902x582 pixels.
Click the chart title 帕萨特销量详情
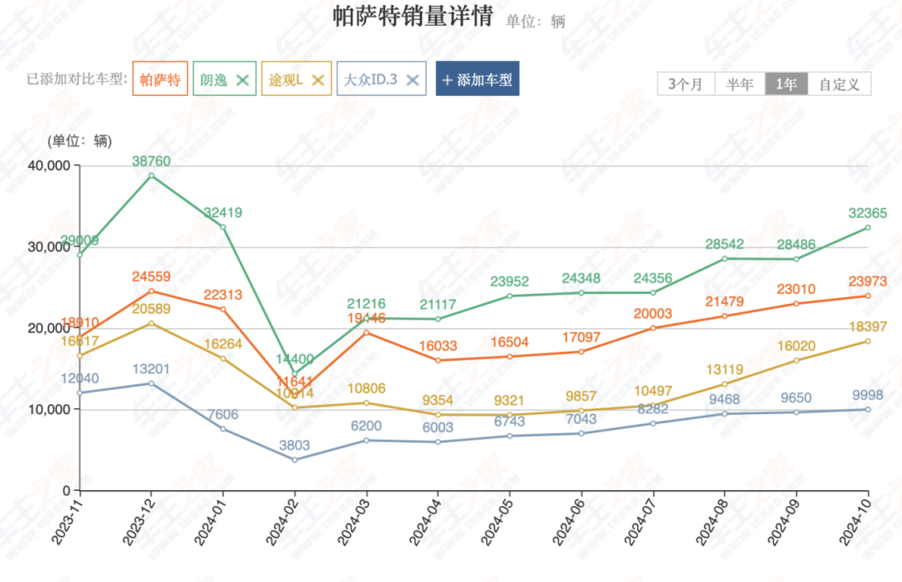pyautogui.click(x=413, y=17)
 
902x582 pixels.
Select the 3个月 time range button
pyautogui.click(x=686, y=84)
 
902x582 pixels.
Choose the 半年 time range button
pyautogui.click(x=739, y=84)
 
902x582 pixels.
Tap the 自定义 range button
pyautogui.click(x=839, y=84)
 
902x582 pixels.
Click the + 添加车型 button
pyautogui.click(x=477, y=80)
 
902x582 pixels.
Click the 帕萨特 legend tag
pyautogui.click(x=160, y=80)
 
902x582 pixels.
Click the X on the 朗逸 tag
pyautogui.click(x=242, y=80)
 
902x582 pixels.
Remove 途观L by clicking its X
pyautogui.click(x=317, y=80)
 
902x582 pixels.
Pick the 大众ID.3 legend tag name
pyautogui.click(x=370, y=80)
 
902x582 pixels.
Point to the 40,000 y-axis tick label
pyautogui.click(x=48, y=165)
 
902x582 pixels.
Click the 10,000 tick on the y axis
pyautogui.click(x=48, y=409)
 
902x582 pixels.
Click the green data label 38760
pyautogui.click(x=150, y=160)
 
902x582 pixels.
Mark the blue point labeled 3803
pyautogui.click(x=294, y=459)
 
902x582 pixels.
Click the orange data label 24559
pyautogui.click(x=150, y=276)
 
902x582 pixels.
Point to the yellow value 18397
pyautogui.click(x=869, y=326)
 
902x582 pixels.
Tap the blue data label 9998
pyautogui.click(x=869, y=395)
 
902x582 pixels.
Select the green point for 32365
pyautogui.click(x=868, y=227)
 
